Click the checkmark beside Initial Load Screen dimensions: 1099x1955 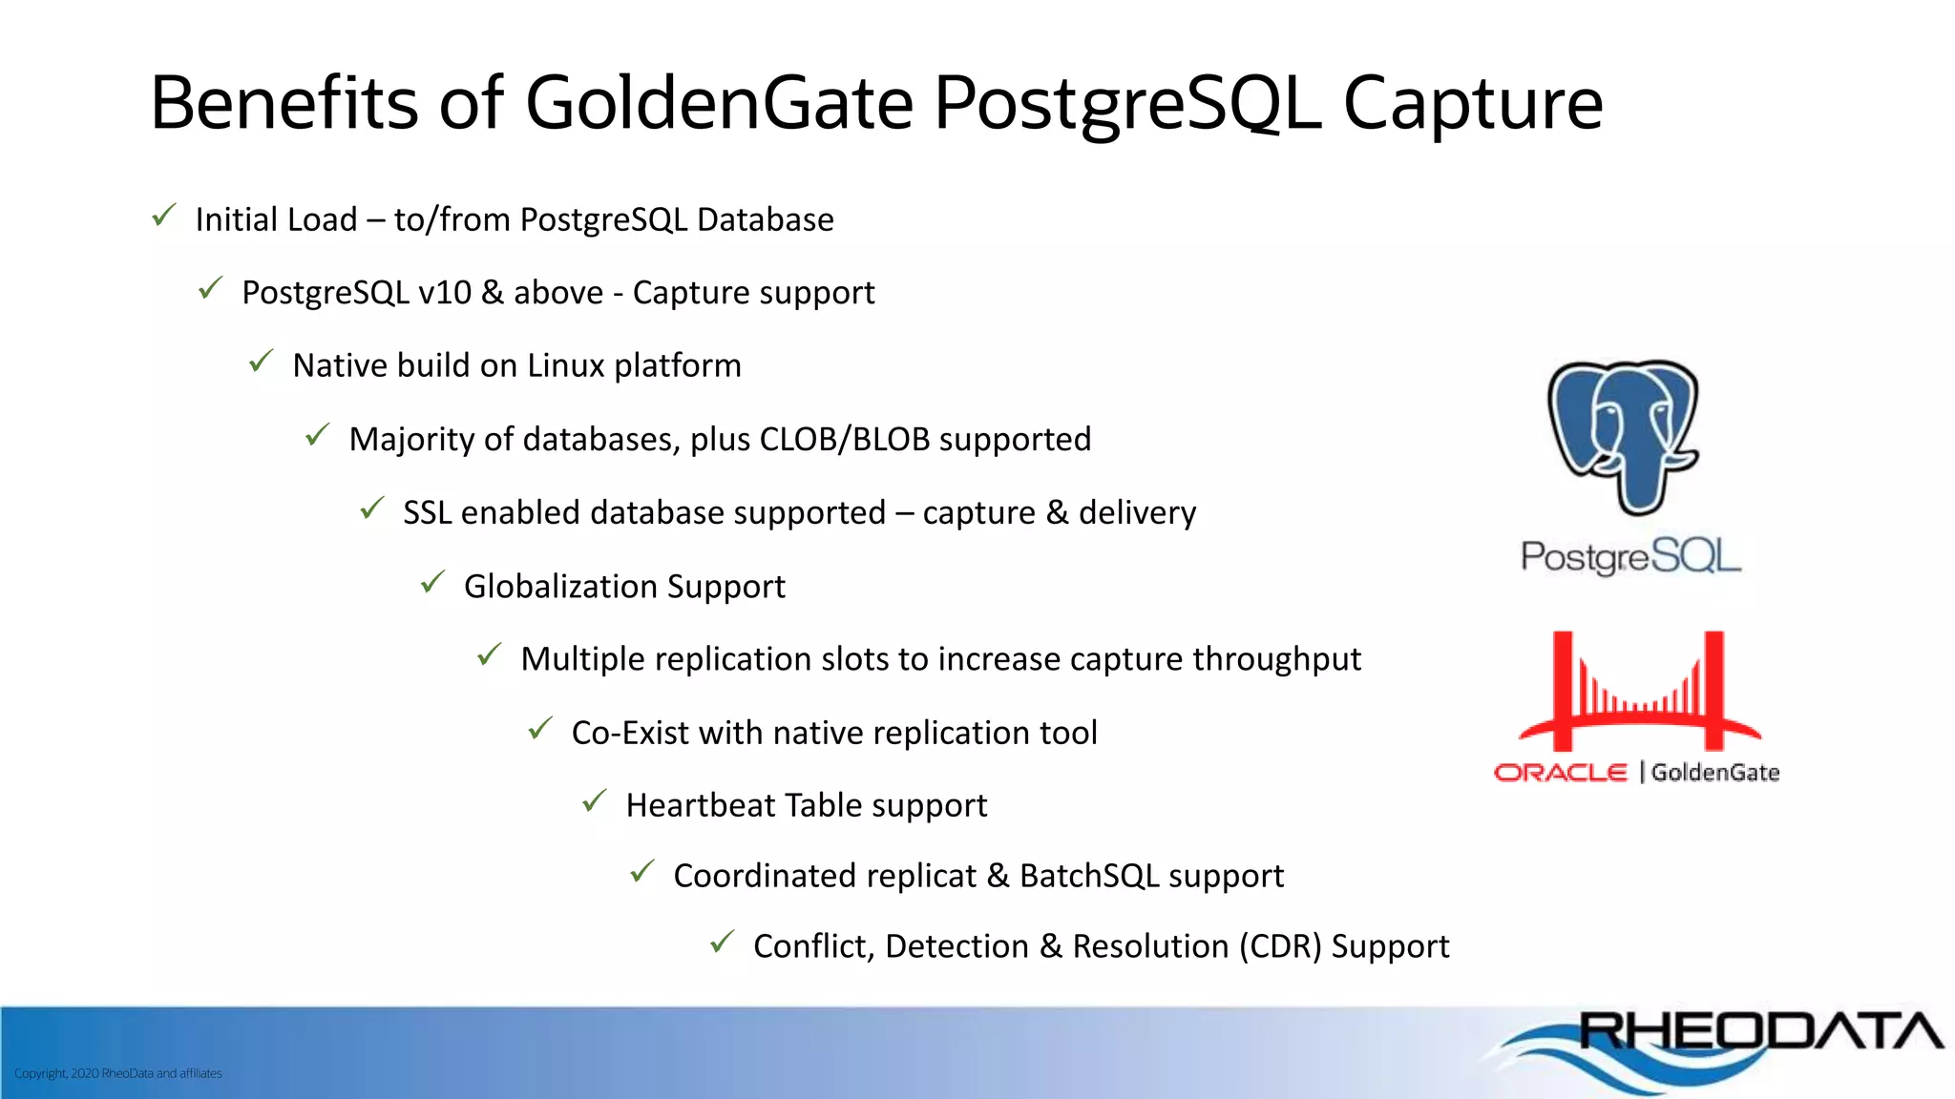coord(164,216)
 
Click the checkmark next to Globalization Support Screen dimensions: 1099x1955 coord(433,582)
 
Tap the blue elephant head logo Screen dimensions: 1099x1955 coord(1623,434)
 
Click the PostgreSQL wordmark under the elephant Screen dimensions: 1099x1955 coord(1630,556)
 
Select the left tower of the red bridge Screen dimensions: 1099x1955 coord(1562,689)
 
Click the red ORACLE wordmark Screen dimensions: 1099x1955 coord(1560,773)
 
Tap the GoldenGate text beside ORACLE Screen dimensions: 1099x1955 coord(1715,773)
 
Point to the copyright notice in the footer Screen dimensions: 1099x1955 coord(118,1073)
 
